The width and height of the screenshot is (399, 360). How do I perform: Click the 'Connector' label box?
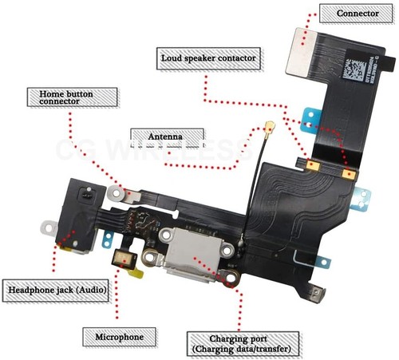[352, 14]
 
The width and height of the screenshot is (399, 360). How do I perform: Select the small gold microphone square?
[123, 257]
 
